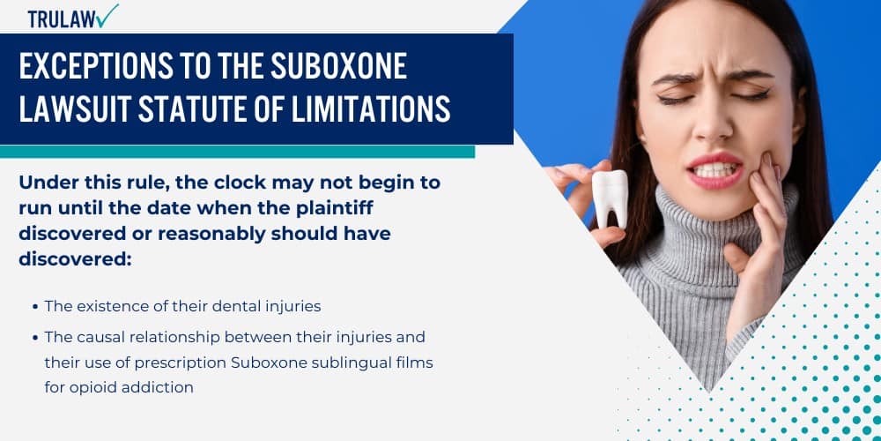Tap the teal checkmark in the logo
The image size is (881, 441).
tap(107, 14)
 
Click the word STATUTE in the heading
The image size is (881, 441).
tap(209, 109)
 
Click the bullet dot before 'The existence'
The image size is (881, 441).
tap(34, 307)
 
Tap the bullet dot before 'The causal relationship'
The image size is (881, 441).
tap(34, 337)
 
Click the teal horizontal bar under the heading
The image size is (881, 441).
tap(237, 152)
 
